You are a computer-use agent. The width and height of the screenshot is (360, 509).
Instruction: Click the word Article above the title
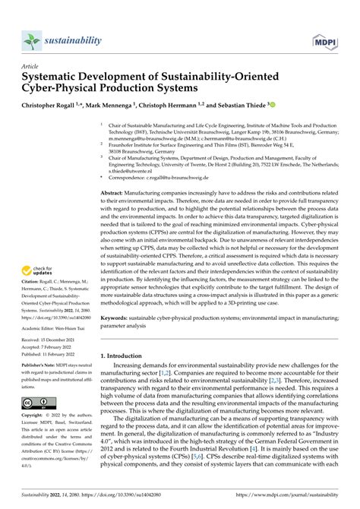[33, 67]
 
